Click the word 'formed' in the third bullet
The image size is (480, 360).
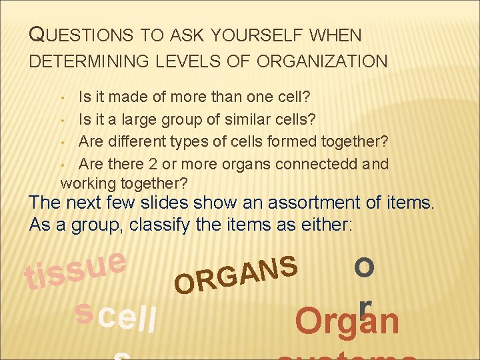point(281,142)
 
